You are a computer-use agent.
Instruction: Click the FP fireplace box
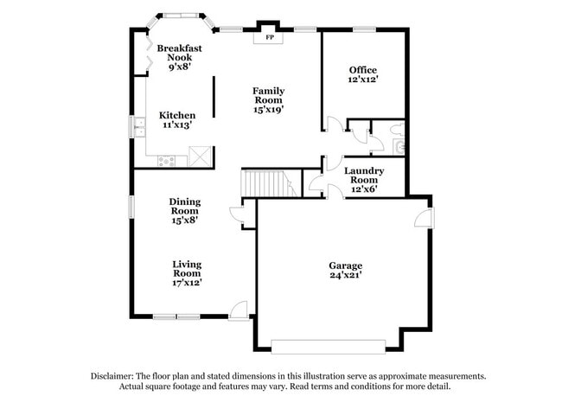click(269, 37)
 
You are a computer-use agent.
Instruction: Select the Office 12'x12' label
click(363, 74)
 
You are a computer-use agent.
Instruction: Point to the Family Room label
click(269, 99)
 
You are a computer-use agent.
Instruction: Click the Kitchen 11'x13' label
click(177, 120)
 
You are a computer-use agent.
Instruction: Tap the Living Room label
click(187, 273)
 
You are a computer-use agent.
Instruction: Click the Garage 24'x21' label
click(345, 270)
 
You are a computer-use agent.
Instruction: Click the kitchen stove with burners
click(167, 159)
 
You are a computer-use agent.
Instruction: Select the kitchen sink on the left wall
click(138, 127)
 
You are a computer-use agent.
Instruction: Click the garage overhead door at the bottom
click(327, 346)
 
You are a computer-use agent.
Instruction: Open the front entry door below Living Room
click(239, 309)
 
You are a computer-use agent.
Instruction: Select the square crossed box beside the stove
click(200, 157)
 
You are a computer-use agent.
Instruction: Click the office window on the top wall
click(363, 30)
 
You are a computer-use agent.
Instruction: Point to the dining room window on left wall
click(132, 207)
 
